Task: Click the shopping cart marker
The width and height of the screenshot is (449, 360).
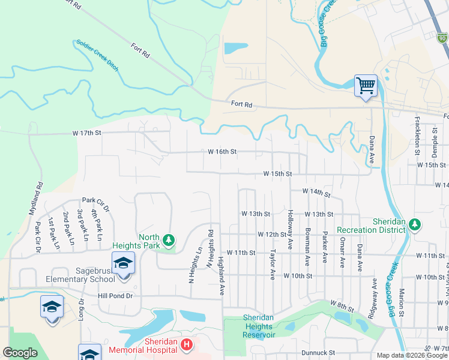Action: tap(365, 86)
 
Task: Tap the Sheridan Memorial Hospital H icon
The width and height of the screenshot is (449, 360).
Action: tap(187, 344)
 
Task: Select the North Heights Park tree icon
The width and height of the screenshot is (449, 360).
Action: tap(169, 240)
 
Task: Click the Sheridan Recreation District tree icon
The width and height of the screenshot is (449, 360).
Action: tap(414, 224)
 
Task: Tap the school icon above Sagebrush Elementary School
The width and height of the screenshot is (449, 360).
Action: tap(123, 263)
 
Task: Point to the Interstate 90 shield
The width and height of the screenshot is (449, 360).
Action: tap(442, 38)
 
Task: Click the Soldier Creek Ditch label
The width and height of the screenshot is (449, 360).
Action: tap(97, 56)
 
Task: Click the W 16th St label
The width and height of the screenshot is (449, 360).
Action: tap(223, 152)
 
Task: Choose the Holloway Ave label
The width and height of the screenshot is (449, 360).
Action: tap(291, 230)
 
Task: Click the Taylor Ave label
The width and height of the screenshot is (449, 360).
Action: tap(273, 265)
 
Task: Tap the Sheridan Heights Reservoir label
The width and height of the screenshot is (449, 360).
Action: tap(259, 326)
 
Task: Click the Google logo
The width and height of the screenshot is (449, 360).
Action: tap(20, 353)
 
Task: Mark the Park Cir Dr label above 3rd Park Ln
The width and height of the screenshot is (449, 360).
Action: tap(96, 204)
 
